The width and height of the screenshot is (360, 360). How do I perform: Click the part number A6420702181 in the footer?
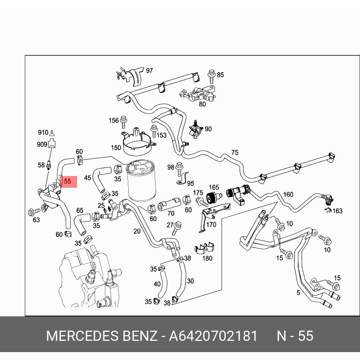(x=213, y=336)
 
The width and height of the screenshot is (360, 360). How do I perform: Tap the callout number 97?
(x=149, y=71)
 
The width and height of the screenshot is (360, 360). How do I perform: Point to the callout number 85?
(x=220, y=75)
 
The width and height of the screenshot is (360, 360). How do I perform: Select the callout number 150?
(x=116, y=148)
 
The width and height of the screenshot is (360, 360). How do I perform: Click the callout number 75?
(x=235, y=153)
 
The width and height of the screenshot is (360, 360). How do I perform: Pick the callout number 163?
(x=337, y=211)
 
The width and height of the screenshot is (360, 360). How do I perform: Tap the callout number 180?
(x=207, y=258)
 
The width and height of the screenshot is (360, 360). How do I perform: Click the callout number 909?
(x=42, y=144)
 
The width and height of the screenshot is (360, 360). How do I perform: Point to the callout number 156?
(x=114, y=121)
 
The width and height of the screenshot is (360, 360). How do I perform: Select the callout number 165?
(x=214, y=188)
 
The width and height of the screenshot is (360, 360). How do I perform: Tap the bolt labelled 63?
(x=32, y=212)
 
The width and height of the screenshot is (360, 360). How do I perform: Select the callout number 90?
(x=208, y=129)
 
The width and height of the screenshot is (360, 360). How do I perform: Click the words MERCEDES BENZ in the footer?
(x=101, y=336)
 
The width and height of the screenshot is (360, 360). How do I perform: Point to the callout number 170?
(x=211, y=225)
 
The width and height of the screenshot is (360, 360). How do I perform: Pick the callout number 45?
(x=87, y=178)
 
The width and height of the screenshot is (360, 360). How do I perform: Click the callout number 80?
(x=202, y=104)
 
